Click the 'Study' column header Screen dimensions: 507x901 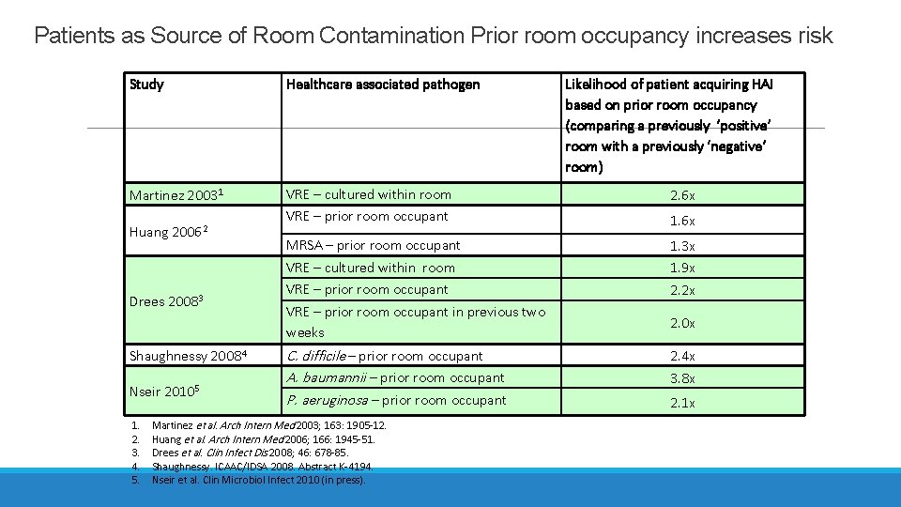click(146, 84)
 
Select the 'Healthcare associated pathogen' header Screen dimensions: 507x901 click(382, 84)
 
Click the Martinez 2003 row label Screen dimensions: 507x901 click(175, 195)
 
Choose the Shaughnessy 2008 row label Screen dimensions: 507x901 click(188, 356)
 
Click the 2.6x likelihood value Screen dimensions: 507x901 click(682, 195)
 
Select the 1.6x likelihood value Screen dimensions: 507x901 click(682, 221)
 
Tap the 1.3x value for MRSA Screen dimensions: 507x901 click(682, 246)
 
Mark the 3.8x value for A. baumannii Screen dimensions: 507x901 click(682, 378)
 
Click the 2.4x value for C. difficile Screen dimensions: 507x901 click(682, 356)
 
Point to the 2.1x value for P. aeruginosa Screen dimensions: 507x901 click(682, 402)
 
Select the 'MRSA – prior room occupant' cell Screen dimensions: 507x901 click(373, 245)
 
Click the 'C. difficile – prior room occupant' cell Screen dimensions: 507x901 click(384, 356)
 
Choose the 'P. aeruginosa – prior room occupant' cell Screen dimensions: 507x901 click(395, 401)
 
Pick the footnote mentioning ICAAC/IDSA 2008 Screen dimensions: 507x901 click(262, 466)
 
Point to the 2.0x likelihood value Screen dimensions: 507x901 click(682, 322)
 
